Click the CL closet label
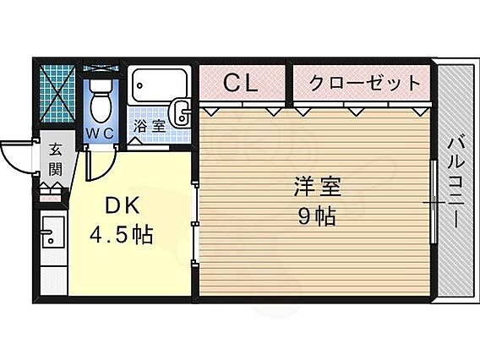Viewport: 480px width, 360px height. tap(241, 83)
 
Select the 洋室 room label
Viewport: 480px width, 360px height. tap(318, 187)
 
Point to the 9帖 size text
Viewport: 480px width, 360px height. tap(317, 216)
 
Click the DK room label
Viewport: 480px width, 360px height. tap(123, 205)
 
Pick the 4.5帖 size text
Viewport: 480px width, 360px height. tap(121, 234)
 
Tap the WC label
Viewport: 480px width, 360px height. tap(100, 134)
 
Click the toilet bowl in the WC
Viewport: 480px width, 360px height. tap(101, 101)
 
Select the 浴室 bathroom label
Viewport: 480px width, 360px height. tap(150, 126)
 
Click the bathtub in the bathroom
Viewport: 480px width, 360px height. tap(160, 85)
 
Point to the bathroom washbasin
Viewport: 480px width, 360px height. tap(180, 113)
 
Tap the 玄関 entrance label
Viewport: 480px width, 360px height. tap(56, 160)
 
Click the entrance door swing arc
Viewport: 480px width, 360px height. tap(12, 161)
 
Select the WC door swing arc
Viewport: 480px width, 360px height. tap(106, 170)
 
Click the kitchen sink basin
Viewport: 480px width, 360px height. tap(52, 232)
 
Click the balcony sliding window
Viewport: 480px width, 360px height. tap(433, 202)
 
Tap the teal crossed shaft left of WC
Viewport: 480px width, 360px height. tap(57, 94)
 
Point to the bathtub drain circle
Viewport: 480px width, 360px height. tap(140, 85)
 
